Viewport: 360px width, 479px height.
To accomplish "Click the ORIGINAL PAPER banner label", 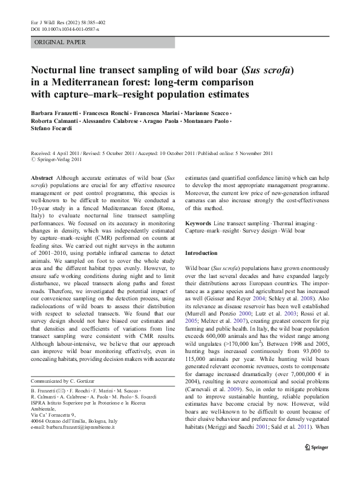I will coord(60,42).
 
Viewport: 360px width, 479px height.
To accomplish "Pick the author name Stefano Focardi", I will coord(51,129).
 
